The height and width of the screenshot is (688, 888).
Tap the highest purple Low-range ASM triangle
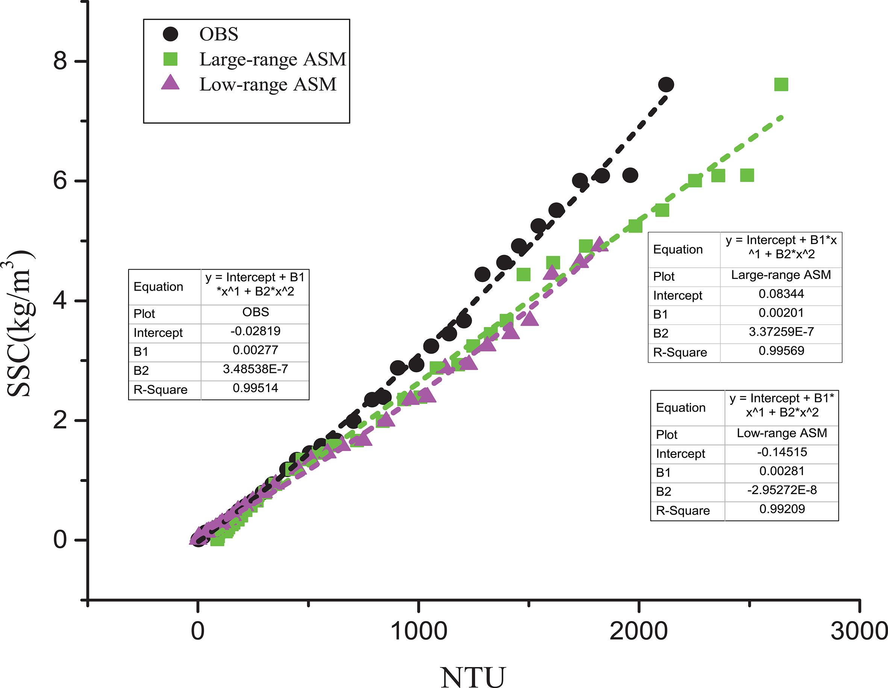(x=599, y=244)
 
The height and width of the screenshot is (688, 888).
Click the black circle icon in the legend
(x=170, y=34)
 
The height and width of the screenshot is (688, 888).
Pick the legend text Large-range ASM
(x=273, y=59)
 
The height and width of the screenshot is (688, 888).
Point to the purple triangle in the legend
(x=170, y=83)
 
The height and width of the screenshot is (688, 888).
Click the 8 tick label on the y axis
(x=60, y=61)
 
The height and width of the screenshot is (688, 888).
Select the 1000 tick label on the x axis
(x=418, y=632)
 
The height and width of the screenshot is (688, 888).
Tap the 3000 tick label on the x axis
(x=859, y=632)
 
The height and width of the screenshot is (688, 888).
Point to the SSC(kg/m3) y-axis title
(x=20, y=323)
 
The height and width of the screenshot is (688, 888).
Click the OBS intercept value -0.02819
(x=255, y=331)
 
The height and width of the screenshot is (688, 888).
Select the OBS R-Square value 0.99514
(x=255, y=388)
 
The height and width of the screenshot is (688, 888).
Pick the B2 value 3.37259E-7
(x=781, y=332)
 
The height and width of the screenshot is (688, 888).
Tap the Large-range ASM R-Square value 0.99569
(x=781, y=350)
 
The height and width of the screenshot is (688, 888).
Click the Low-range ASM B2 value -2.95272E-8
(x=782, y=490)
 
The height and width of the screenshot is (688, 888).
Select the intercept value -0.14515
(x=782, y=452)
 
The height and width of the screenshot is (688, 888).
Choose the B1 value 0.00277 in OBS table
(x=255, y=350)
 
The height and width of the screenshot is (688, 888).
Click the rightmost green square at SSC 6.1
(x=747, y=175)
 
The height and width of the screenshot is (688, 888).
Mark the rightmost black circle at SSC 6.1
(x=630, y=175)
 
